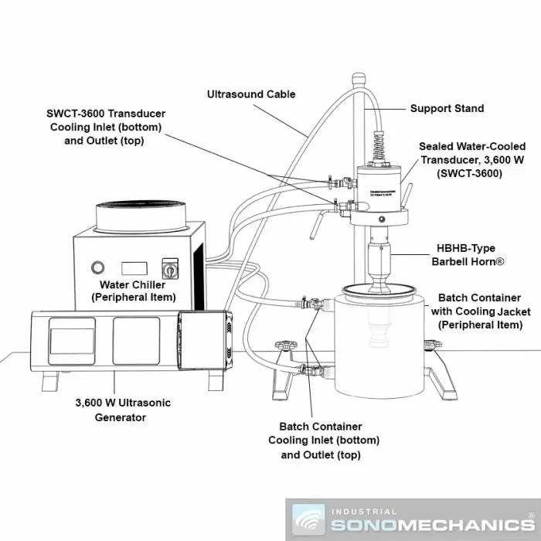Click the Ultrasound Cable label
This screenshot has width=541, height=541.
[x=251, y=94]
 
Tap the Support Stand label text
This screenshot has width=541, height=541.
[x=447, y=108]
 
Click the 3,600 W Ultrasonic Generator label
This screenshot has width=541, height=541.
[x=123, y=410]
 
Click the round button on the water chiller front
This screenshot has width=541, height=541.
[x=97, y=268]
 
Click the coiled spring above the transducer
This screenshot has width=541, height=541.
[x=379, y=145]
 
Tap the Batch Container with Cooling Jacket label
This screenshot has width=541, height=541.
[x=479, y=311]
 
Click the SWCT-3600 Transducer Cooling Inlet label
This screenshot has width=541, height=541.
[x=106, y=127]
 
